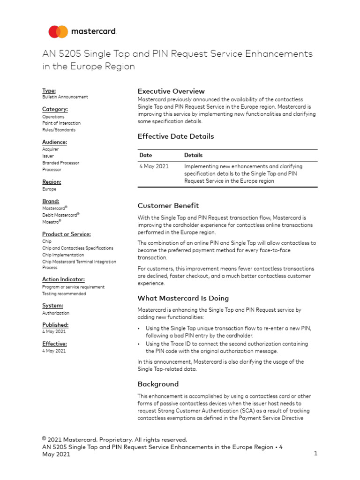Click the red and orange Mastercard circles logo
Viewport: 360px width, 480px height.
[x=58, y=32]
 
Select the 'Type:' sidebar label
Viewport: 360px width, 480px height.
[x=49, y=90]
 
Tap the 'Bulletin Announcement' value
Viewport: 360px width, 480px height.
[x=65, y=97]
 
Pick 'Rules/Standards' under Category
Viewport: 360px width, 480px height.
[x=59, y=130]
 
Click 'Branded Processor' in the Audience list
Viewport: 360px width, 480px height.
[x=60, y=163]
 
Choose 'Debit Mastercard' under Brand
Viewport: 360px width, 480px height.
[x=60, y=215]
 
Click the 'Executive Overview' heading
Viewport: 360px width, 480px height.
[x=171, y=91]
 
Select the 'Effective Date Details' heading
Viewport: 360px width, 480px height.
[x=175, y=136]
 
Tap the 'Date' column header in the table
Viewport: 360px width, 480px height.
[x=145, y=155]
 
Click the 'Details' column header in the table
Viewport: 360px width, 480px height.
[x=193, y=155]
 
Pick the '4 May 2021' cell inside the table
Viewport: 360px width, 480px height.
[x=154, y=166]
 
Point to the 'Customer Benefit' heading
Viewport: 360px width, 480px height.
[x=168, y=205]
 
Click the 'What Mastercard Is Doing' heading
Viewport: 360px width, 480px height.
[x=183, y=298]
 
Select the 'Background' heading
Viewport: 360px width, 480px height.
[x=158, y=384]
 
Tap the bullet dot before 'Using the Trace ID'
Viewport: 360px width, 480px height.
[x=139, y=344]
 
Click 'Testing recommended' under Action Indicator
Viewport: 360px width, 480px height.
[x=64, y=294]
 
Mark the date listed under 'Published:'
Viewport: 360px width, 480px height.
[x=54, y=331]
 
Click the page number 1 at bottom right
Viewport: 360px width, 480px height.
[x=316, y=454]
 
